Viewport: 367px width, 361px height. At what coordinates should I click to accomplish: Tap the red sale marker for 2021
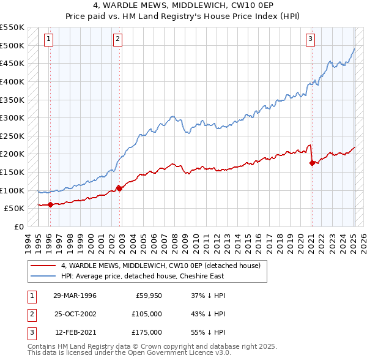(312, 163)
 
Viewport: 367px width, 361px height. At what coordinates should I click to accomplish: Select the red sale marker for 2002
(119, 188)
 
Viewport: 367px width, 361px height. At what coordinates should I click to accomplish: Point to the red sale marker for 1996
(50, 205)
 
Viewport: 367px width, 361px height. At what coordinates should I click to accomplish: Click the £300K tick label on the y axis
(12, 117)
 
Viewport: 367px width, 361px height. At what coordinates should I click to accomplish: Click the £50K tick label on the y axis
(14, 208)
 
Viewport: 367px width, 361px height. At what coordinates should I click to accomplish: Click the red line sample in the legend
(43, 266)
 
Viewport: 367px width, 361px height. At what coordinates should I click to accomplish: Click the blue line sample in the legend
(43, 276)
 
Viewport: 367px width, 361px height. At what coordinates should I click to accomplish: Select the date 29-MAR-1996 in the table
(75, 296)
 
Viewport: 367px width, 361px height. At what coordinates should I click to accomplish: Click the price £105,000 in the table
(147, 314)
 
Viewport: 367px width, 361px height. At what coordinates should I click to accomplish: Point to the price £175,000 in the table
(147, 332)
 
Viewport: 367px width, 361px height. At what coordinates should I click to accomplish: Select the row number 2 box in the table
(30, 314)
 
